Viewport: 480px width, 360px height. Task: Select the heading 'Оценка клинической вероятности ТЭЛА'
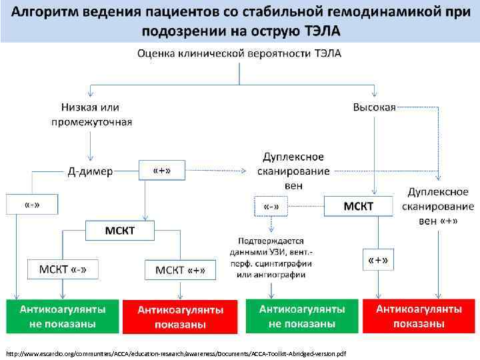coord(239,54)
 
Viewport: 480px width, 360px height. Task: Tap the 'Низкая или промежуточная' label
coord(91,114)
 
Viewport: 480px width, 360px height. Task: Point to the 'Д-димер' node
coord(91,172)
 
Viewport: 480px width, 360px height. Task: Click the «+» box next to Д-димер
coord(161,171)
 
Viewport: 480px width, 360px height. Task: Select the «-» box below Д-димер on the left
coord(31,204)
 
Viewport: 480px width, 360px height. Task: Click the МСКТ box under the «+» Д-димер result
coord(120,231)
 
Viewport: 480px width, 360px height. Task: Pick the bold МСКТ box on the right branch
coord(359,206)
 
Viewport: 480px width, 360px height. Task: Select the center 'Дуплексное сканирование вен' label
coord(293,171)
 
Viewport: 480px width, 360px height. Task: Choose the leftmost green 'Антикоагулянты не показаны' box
coord(62,316)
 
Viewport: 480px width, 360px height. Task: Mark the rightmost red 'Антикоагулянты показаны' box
coord(419,316)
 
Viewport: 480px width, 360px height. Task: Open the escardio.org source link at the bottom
coord(177,352)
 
